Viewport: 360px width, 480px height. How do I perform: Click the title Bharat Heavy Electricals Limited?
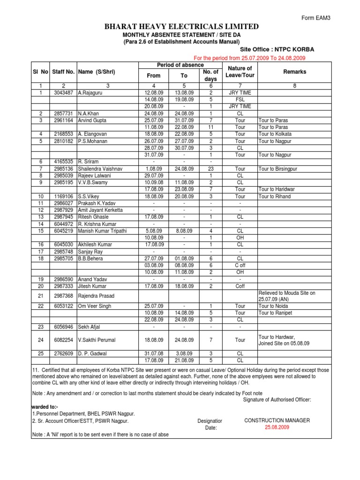coord(182,27)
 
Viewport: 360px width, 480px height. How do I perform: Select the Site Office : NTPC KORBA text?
coord(277,49)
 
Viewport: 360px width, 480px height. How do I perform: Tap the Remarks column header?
coord(294,72)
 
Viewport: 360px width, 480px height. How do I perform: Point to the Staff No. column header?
coord(63,72)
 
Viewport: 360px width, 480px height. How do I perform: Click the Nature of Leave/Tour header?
coord(240,72)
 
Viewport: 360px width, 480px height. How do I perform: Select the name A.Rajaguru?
coord(91,93)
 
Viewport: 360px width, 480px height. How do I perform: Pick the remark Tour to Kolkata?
coord(275,134)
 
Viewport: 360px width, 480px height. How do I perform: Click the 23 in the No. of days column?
coord(210,168)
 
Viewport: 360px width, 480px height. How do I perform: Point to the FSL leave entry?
coord(240,100)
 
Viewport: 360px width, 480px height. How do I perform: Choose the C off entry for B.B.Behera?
coord(240,265)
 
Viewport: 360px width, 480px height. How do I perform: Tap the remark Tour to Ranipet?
coord(275,313)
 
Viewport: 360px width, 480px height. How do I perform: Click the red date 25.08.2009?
coord(277,427)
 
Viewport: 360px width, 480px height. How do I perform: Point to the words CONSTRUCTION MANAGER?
coord(277,420)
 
